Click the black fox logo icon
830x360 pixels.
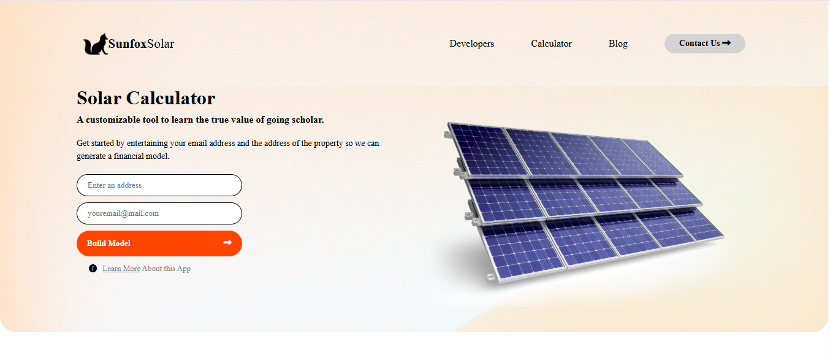96,44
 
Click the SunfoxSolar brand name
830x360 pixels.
141,44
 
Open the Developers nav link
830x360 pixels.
471,44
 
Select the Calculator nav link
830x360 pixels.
551,44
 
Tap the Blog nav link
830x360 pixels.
618,44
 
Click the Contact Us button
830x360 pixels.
704,44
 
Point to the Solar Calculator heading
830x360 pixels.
146,98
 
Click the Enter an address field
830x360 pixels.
159,185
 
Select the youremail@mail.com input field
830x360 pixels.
159,213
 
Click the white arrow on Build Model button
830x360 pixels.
227,243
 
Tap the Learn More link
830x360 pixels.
121,269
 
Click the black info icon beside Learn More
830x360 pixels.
93,269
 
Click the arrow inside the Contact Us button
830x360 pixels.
726,43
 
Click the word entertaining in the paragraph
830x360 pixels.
147,144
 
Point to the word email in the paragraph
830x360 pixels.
197,144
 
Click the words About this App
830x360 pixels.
167,269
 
